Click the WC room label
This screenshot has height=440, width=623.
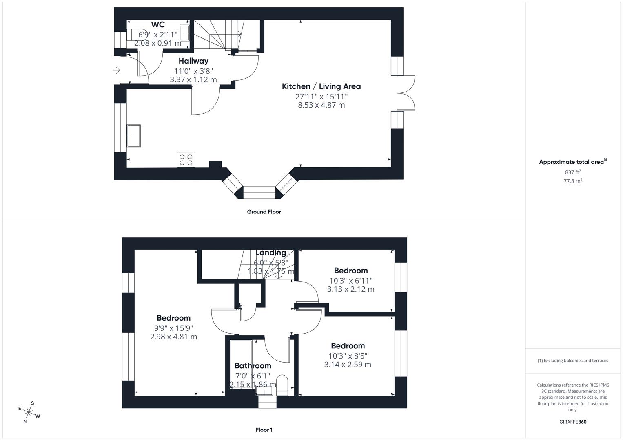pos(158,24)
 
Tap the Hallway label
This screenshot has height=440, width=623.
pos(193,61)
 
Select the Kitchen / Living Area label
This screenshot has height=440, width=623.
pos(321,86)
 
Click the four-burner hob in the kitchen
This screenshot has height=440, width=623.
pos(186,159)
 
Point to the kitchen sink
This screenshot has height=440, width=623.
pos(133,136)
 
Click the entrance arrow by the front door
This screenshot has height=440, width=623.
pos(117,70)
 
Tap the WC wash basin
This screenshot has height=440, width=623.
pos(185,33)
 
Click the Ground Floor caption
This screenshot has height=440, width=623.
pos(264,212)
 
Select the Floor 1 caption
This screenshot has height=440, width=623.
pos(264,430)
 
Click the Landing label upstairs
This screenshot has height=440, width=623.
pos(271,253)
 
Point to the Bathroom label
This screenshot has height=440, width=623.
pos(253,366)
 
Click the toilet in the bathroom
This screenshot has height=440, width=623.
pos(282,385)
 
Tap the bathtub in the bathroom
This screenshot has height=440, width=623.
pos(240,363)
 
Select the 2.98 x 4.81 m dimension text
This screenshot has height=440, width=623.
pos(173,337)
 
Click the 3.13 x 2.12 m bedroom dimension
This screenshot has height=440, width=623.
pos(350,289)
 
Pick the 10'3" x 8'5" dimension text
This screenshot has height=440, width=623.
pos(348,356)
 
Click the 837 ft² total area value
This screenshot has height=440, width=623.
pos(572,172)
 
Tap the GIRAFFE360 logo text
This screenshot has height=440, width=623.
pos(573,422)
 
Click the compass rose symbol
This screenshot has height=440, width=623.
pos(29,412)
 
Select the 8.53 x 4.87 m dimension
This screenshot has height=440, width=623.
pos(321,105)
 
